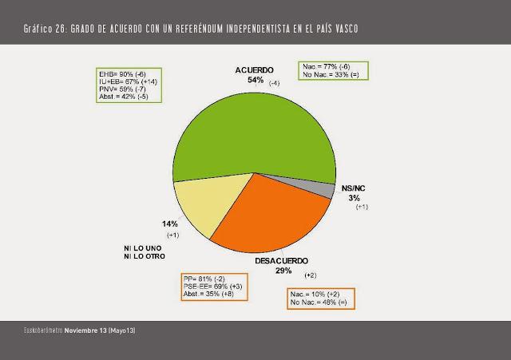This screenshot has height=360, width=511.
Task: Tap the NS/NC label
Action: (x=355, y=187)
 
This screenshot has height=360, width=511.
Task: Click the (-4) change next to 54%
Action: (x=275, y=83)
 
